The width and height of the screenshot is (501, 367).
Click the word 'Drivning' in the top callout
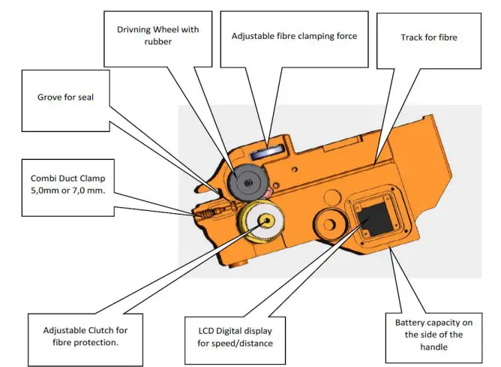[133, 30]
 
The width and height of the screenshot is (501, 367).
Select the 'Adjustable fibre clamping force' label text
[294, 36]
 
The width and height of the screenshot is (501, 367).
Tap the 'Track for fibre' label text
[429, 38]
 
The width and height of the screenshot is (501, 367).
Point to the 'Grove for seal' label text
[65, 97]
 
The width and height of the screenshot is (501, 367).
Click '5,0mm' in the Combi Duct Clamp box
[43, 191]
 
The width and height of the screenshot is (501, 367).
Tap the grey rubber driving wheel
[247, 182]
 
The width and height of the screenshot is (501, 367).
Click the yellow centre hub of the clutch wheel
[266, 220]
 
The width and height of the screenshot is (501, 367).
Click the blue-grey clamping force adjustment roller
[267, 152]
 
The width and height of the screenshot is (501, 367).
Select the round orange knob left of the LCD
[329, 224]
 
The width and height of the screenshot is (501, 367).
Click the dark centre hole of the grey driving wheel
[247, 183]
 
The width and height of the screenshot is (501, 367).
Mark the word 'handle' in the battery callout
[433, 347]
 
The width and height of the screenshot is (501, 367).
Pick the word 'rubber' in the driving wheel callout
[157, 42]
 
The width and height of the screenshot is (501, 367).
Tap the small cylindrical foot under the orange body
[238, 263]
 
